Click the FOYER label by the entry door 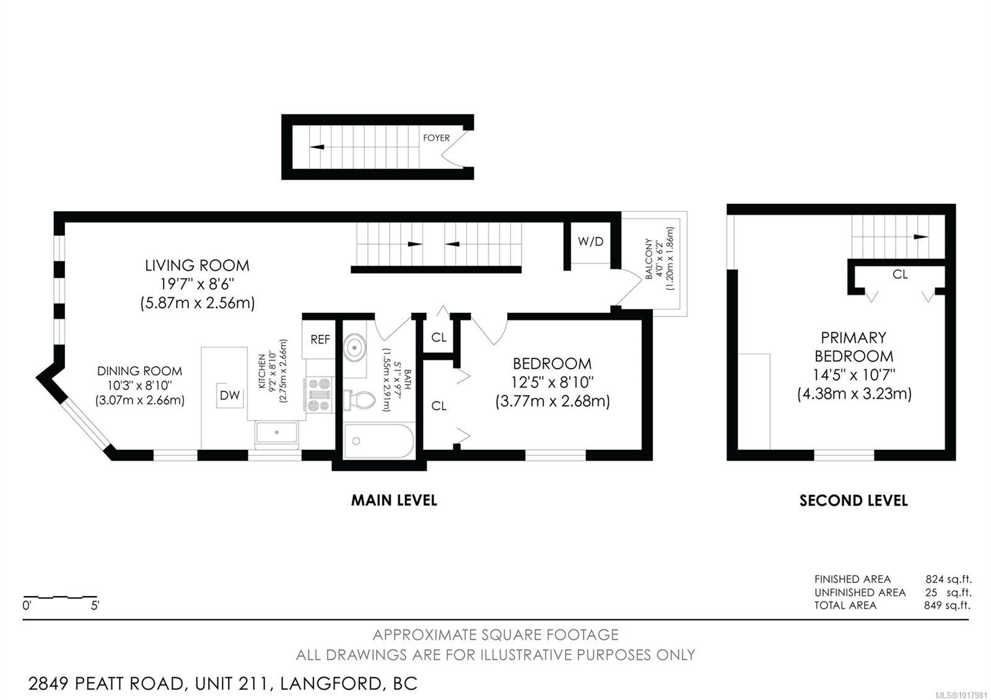click(x=436, y=138)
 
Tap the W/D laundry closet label click(x=590, y=242)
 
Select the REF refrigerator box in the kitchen click(x=320, y=339)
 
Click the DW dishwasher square click(x=230, y=395)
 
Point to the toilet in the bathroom click(x=360, y=400)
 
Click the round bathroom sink click(x=355, y=348)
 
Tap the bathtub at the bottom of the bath click(x=378, y=441)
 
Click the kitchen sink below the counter click(x=277, y=432)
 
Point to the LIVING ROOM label click(x=197, y=265)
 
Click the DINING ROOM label click(x=139, y=371)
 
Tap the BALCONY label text click(x=648, y=259)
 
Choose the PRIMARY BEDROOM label click(x=853, y=347)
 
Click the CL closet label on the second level click(x=900, y=274)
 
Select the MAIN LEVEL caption click(x=394, y=500)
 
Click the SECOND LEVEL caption click(x=853, y=501)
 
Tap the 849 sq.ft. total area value click(x=947, y=605)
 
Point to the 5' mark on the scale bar click(x=95, y=606)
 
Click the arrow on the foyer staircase click(x=318, y=147)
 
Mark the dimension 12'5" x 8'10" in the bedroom click(x=552, y=382)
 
